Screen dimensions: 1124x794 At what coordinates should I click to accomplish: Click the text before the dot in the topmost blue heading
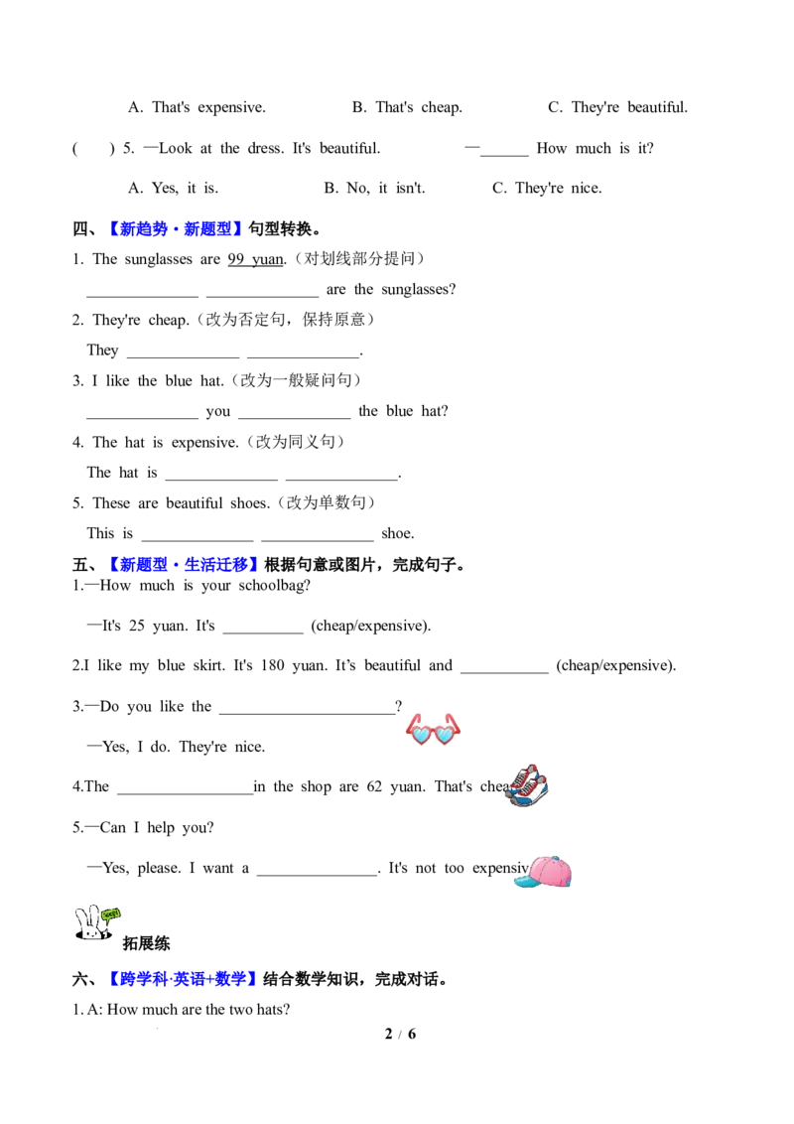pyautogui.click(x=139, y=229)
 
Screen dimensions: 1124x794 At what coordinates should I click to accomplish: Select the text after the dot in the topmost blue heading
pyautogui.click(x=213, y=229)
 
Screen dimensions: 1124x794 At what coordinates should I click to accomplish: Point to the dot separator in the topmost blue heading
pyautogui.click(x=176, y=230)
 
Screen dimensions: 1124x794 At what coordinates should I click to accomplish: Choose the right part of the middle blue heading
pyautogui.click(x=222, y=564)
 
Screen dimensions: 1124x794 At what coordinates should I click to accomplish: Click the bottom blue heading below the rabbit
pyautogui.click(x=185, y=979)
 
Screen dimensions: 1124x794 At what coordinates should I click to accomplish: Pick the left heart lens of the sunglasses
pyautogui.click(x=422, y=736)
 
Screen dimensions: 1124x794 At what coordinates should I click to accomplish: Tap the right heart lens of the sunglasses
pyautogui.click(x=446, y=736)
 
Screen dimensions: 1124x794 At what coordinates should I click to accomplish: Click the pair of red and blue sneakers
pyautogui.click(x=526, y=786)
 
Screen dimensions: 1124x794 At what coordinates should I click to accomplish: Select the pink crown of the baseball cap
pyautogui.click(x=549, y=871)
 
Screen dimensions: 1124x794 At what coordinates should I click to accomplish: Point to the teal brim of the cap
pyautogui.click(x=522, y=881)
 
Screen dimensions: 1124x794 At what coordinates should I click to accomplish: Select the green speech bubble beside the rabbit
pyautogui.click(x=111, y=913)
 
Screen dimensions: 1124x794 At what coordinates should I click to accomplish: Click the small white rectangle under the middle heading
pyautogui.click(x=285, y=640)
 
